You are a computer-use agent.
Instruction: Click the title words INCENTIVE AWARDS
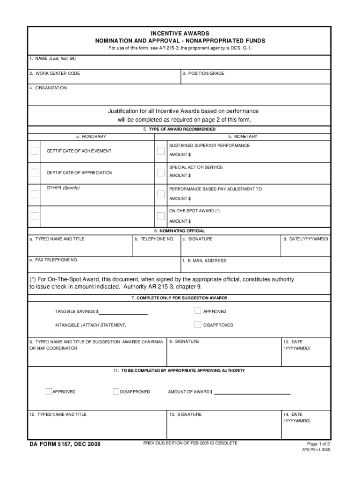coord(180,34)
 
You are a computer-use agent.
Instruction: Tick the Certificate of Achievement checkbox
coord(35,151)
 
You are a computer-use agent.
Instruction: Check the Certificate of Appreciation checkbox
coord(35,173)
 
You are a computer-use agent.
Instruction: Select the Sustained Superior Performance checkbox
coord(161,151)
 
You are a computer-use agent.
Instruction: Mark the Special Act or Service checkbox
coord(161,173)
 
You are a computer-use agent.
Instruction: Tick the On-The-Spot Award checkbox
coord(161,216)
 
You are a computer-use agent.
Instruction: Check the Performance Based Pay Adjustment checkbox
coord(161,194)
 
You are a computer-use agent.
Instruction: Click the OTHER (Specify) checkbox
coord(35,194)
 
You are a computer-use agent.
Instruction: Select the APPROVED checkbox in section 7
coord(198,311)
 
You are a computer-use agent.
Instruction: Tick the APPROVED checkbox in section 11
coord(49,392)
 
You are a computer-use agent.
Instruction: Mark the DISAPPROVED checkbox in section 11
coord(116,392)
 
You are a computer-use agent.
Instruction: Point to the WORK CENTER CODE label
coord(54,73)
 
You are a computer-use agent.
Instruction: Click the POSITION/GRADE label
coord(203,73)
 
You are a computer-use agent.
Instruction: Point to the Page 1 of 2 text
coord(318,443)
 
